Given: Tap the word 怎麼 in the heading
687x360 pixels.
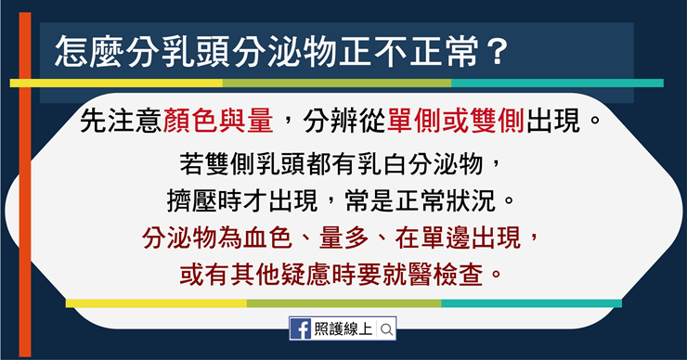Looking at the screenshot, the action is coord(89,52).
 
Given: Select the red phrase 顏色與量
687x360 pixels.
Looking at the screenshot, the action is coord(218,121).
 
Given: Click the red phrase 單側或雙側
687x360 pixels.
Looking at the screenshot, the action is coord(456,121).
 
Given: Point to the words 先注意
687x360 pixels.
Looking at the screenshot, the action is coord(121,121).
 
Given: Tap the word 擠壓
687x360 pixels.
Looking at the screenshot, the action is coord(191,200).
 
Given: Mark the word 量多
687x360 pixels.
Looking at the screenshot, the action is coord(343,238).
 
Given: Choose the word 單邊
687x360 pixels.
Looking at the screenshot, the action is coord(446,238).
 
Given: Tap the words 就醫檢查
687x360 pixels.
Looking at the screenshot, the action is coord(433,275).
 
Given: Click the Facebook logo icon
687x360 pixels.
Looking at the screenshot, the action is coord(301,328).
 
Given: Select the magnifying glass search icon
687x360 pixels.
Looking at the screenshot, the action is coord(386,329).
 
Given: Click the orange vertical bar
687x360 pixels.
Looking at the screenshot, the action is coord(25,185).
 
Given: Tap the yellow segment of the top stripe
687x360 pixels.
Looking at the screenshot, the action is coord(116,83).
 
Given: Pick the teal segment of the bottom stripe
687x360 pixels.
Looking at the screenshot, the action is coord(531,303).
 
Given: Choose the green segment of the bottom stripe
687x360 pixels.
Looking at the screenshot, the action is coord(343,303).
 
